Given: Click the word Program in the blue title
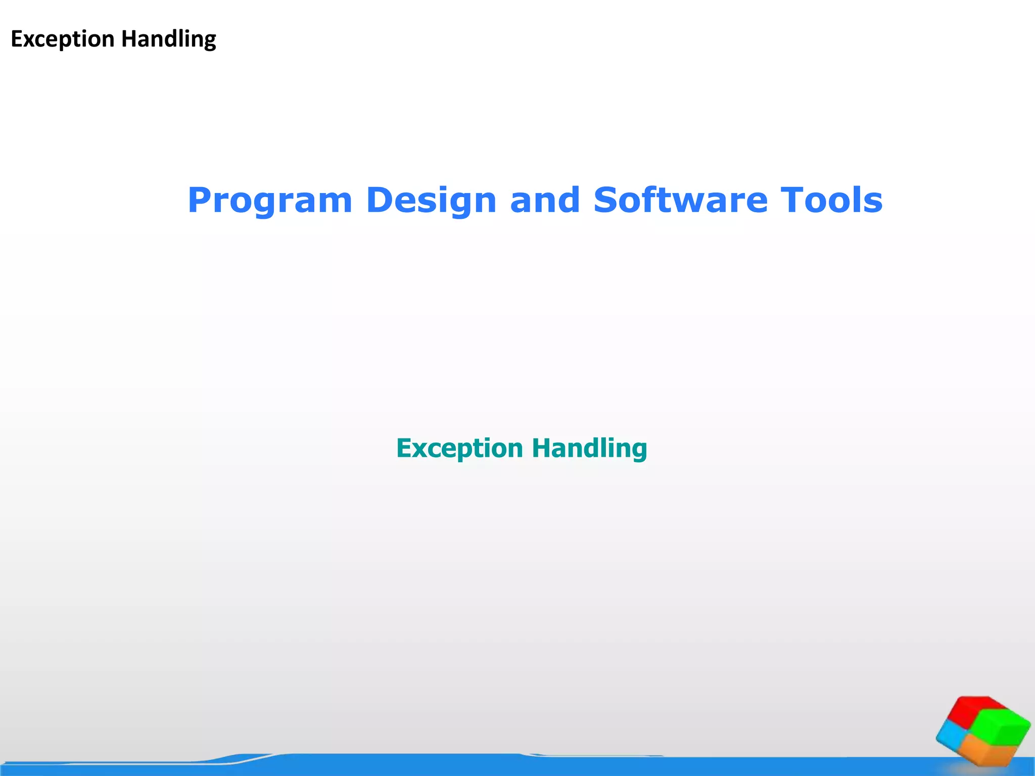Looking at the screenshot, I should click(x=269, y=201).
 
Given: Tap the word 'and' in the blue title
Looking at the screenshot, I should click(x=545, y=201).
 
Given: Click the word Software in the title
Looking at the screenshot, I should click(x=680, y=201).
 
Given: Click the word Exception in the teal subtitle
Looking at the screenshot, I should click(x=459, y=448).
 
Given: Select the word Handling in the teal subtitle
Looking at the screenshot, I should click(x=589, y=448).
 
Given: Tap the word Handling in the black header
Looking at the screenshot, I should click(x=169, y=39).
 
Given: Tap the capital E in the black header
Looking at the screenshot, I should click(x=17, y=39).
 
